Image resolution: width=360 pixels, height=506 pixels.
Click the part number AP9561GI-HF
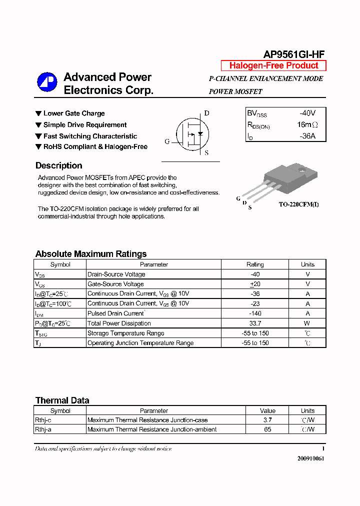coord(294,55)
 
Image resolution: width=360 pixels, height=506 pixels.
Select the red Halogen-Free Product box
coord(273,65)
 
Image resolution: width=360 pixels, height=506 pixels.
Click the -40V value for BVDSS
coord(307,113)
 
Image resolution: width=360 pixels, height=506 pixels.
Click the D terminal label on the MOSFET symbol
coord(206,113)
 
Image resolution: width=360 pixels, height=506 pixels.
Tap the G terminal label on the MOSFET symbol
coord(167,141)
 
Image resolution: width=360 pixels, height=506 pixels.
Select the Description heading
coord(58,166)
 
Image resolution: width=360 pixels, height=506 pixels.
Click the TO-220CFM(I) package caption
coord(298,204)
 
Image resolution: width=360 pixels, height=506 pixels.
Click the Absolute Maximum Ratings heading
coord(91,254)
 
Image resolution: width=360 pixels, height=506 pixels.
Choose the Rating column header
coord(255,264)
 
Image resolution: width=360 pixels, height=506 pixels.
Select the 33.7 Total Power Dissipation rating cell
coord(255,323)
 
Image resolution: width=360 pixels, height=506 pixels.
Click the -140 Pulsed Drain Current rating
coord(255,313)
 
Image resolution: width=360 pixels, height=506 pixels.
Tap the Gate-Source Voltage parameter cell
coord(115,284)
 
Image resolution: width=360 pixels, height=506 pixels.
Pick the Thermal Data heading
coord(62,400)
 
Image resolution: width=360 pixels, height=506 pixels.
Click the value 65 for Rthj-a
coord(267,429)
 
